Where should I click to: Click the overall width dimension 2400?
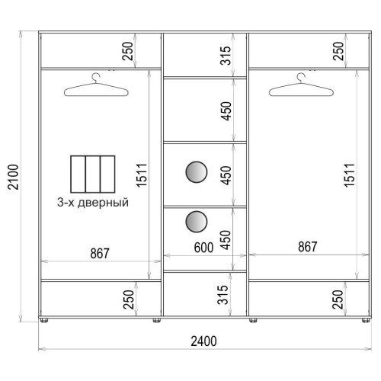pos(203,341)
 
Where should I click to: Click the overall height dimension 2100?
pos(13,177)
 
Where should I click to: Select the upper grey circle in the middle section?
pos(197,172)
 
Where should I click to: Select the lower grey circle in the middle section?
pos(197,222)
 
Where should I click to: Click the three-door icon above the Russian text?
pos(93,174)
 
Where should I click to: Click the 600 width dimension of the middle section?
pos(203,248)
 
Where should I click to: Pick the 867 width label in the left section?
pos(100,253)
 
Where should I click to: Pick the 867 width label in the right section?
pos(308,247)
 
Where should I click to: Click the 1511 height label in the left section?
pos(142,175)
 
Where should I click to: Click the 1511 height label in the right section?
pos(350,175)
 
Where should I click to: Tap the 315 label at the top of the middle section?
pos(226,56)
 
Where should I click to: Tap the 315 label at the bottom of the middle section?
pos(223,295)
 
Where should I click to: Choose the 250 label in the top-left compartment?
pos(128,51)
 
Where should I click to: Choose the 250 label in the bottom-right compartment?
pos(338,299)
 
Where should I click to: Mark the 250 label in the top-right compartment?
pos(338,51)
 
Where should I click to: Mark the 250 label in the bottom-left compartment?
pos(128,299)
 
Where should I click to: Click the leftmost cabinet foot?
pos(44,320)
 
